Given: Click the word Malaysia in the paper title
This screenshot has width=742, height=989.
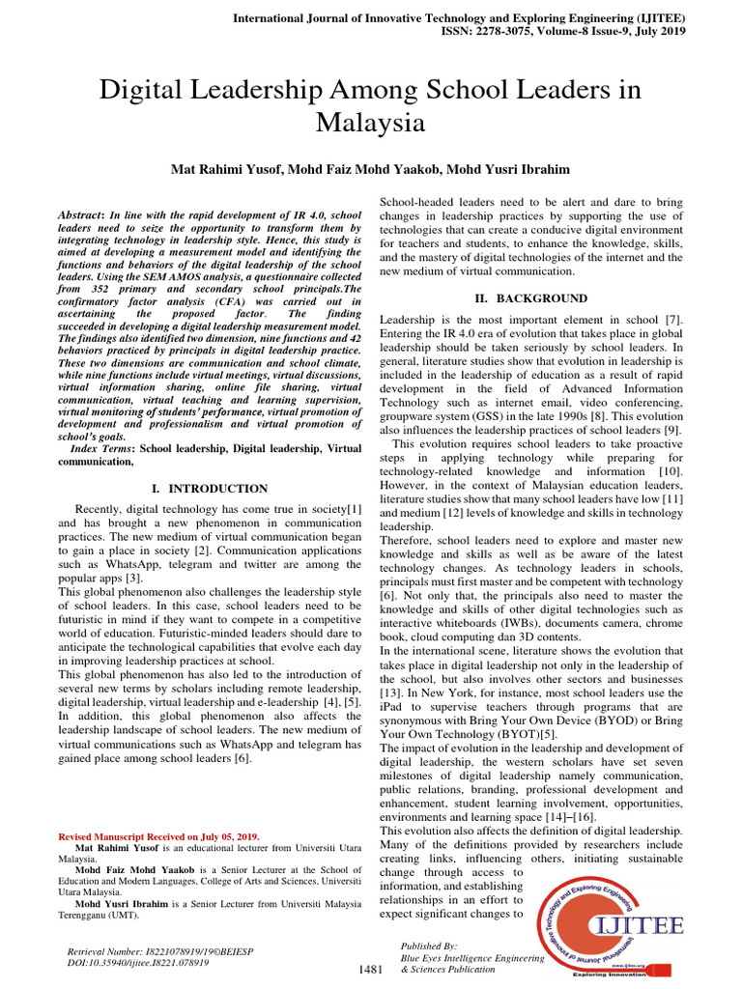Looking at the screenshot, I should (371, 123).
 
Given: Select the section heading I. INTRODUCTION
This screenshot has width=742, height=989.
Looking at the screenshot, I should (211, 489).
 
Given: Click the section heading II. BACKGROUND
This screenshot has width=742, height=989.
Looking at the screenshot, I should (530, 297).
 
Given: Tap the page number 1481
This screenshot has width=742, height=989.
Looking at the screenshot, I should (372, 968).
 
